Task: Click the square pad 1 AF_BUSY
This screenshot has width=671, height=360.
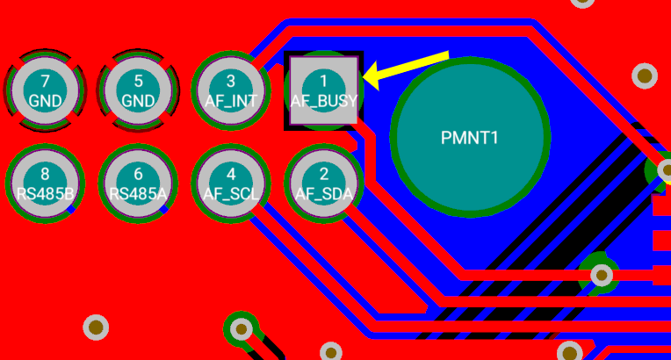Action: point(324,91)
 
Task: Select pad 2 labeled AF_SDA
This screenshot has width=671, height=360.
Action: point(324,184)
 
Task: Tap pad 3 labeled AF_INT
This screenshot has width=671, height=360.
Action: point(230,91)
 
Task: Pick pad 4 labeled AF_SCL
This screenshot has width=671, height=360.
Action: point(230,184)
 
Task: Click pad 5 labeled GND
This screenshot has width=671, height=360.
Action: point(138,91)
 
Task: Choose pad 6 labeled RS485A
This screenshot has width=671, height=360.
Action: point(138,184)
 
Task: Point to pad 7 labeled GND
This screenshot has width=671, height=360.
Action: point(45,91)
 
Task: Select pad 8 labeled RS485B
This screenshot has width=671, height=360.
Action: point(45,184)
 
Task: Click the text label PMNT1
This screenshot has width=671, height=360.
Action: point(470,138)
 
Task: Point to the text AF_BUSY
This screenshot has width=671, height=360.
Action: point(324,102)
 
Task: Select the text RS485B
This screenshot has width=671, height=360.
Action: point(45,194)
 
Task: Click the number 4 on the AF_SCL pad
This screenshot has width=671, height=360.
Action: point(230,174)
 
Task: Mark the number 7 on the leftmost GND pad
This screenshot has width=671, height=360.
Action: point(45,81)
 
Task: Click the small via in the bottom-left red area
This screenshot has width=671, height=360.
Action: point(96,328)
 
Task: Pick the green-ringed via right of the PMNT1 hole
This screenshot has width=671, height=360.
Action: point(602,276)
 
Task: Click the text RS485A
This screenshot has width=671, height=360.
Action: point(138,194)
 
